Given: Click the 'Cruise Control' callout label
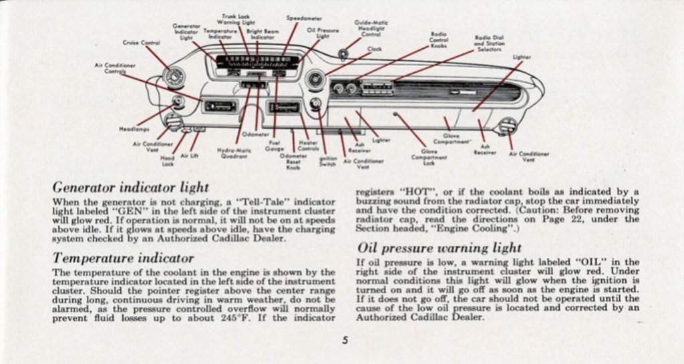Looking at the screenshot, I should click(x=140, y=43).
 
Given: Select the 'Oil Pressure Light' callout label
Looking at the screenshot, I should click(x=323, y=33).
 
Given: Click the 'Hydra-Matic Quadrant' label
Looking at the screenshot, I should click(x=234, y=154).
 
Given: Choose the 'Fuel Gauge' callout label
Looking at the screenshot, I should click(x=275, y=145).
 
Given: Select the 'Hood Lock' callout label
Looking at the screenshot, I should click(x=168, y=160).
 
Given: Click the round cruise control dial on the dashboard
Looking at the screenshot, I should click(x=174, y=77).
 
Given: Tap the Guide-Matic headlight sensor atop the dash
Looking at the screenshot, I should click(x=343, y=54).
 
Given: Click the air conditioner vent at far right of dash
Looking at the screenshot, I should click(x=508, y=125).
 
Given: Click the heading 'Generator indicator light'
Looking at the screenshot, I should click(x=130, y=187).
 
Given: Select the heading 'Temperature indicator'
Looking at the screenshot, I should click(x=123, y=258).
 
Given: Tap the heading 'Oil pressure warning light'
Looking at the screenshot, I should click(x=439, y=248).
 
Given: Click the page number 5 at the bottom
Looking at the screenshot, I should click(x=345, y=340).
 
